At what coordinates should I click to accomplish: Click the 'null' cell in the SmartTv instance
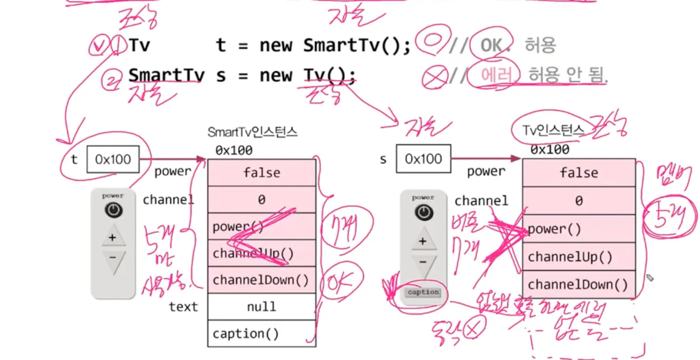[262, 307]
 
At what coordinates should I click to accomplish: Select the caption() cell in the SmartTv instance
[262, 334]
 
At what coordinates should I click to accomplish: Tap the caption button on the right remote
[423, 292]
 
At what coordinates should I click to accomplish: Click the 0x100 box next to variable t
[113, 159]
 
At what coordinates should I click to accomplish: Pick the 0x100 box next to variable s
[423, 159]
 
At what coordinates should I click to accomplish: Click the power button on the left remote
[113, 210]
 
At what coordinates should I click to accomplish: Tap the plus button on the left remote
[113, 238]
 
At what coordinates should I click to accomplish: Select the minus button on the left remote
[113, 258]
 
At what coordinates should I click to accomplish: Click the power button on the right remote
[423, 212]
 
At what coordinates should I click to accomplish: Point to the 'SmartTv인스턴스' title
[253, 132]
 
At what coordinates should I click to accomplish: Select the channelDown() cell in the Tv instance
[579, 285]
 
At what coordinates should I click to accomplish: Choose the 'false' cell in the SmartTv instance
[262, 173]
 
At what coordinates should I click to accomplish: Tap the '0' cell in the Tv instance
[579, 201]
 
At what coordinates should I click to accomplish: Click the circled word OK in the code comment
[491, 45]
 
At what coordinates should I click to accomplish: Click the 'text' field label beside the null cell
[183, 307]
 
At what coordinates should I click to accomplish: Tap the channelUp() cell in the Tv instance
[579, 257]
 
